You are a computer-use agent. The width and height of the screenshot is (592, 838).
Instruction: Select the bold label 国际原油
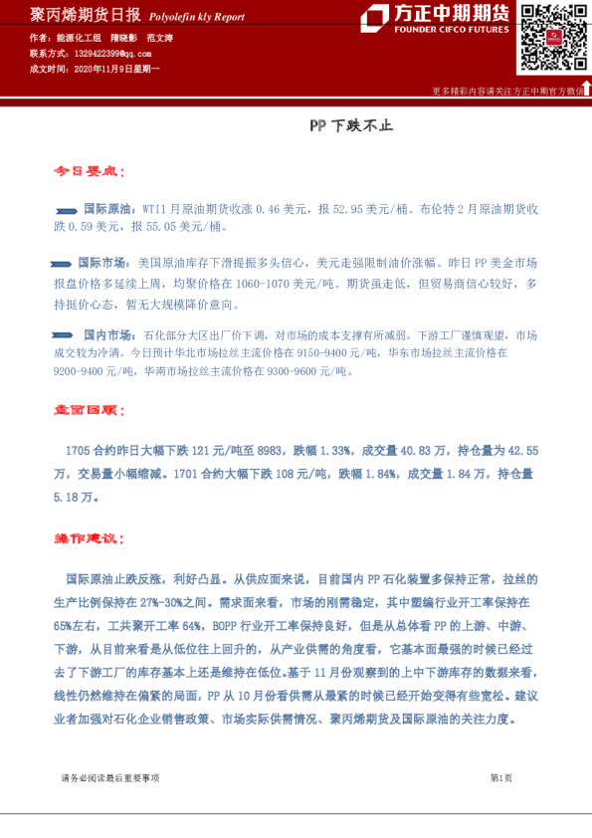pos(105,210)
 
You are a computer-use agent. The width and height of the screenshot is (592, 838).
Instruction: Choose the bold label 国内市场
pos(107,335)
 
